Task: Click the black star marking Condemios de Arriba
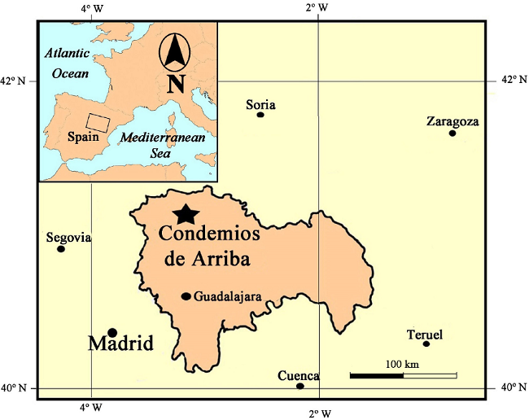(186, 214)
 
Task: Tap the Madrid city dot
(112, 332)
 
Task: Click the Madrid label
(120, 343)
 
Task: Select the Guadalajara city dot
(186, 296)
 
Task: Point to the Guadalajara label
(228, 297)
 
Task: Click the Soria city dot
(260, 115)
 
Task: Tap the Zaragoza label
(452, 122)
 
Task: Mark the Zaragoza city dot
(452, 133)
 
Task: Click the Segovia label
(68, 238)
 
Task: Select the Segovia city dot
(61, 248)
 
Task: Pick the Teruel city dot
(426, 343)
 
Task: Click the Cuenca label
(298, 376)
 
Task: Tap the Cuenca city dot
(300, 386)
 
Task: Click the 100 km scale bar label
(402, 364)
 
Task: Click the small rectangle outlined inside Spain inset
(98, 123)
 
